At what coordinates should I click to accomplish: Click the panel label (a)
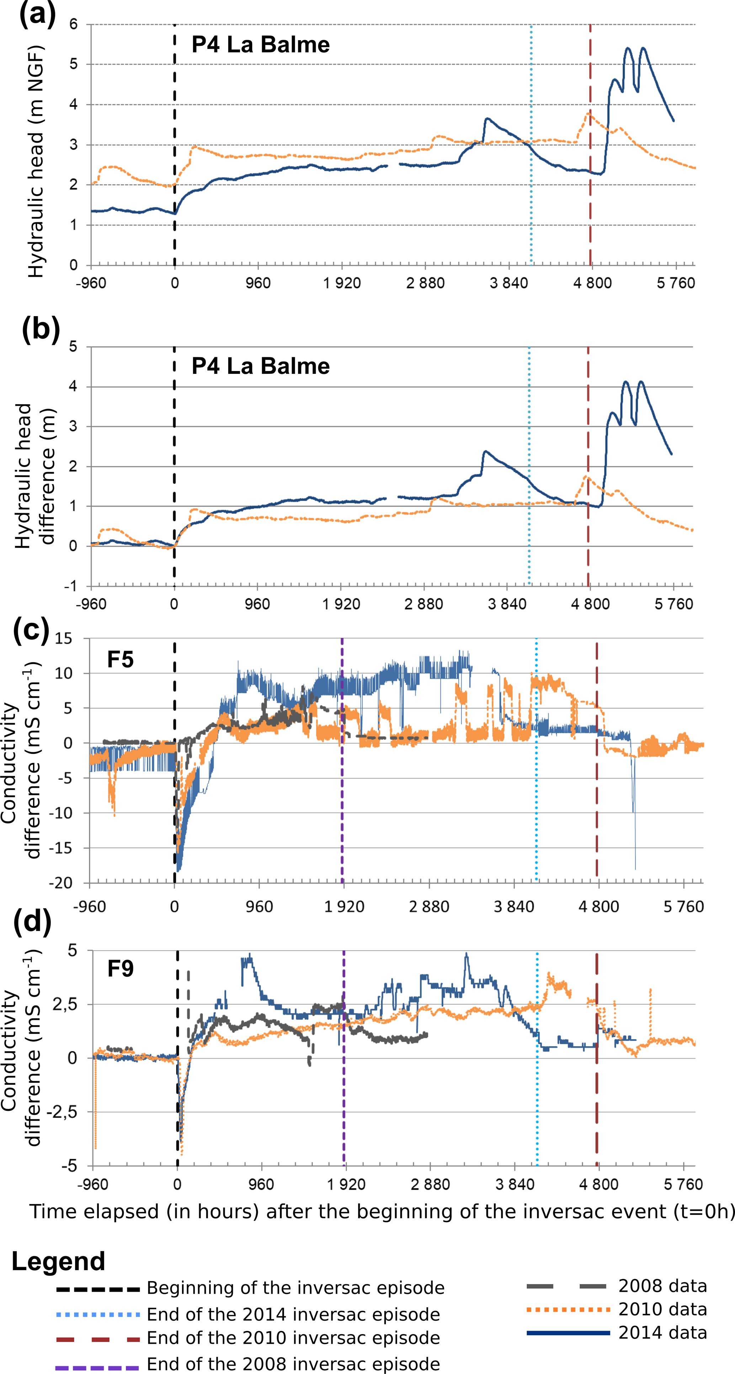pos(37,14)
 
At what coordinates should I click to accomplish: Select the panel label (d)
pos(32,921)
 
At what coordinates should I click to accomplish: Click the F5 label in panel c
pos(120,660)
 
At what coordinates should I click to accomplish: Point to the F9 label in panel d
pos(120,968)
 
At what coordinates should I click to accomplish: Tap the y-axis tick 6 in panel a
pos(73,24)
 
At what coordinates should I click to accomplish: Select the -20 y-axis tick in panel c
pos(60,883)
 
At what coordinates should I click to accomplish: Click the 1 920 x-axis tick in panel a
pos(342,283)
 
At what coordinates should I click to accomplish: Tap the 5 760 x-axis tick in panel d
pos(683,1185)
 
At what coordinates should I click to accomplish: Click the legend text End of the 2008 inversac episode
pos(293,1363)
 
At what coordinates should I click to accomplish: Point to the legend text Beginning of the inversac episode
pos(295,1288)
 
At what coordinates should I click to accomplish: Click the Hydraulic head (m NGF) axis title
pos(35,161)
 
